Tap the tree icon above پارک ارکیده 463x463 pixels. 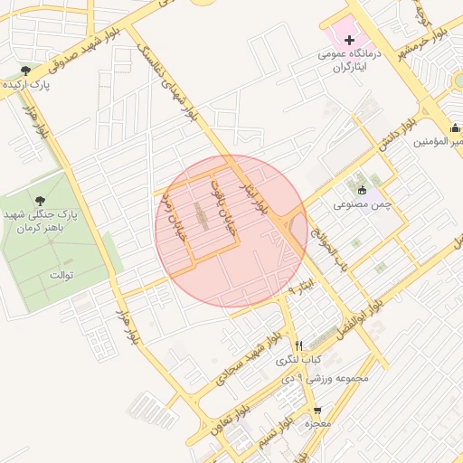27,71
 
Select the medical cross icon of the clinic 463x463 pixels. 350,40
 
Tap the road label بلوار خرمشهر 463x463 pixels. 420,38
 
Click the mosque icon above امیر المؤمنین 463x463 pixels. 455,128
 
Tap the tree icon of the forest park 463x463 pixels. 38,201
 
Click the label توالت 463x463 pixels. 61,273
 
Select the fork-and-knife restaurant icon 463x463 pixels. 298,345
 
